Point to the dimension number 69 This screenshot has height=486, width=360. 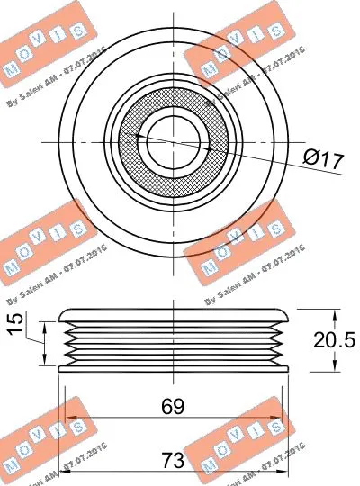coord(172,406)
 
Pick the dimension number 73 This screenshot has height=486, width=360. coord(172,460)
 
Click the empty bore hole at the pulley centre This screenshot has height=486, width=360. coord(170,141)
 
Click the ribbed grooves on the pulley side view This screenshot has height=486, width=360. coord(171,342)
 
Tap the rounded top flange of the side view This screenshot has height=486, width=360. coord(171,313)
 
